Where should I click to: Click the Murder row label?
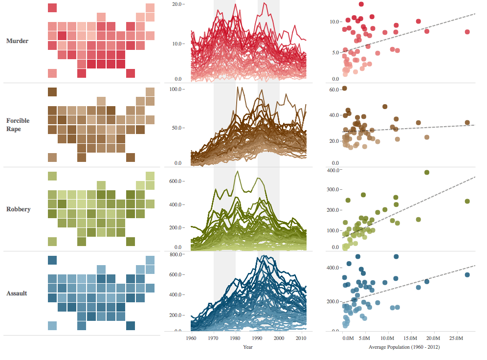point(17,41)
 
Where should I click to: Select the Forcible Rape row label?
point(18,125)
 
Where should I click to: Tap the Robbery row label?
point(18,209)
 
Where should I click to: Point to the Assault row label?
point(17,293)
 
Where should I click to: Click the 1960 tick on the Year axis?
point(191,338)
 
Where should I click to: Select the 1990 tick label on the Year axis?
point(257,338)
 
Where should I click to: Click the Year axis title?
point(248,347)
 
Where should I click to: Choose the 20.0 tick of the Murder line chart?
point(177,4)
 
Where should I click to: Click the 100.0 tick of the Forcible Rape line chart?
point(176,89)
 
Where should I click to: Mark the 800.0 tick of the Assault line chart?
point(176,255)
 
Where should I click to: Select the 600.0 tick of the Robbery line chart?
point(176,181)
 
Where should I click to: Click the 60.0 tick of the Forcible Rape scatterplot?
point(334,90)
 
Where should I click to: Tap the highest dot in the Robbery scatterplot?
point(426,172)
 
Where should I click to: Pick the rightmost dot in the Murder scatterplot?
point(467,32)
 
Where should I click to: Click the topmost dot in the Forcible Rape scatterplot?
point(344,88)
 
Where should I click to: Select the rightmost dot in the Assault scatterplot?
point(467,275)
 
